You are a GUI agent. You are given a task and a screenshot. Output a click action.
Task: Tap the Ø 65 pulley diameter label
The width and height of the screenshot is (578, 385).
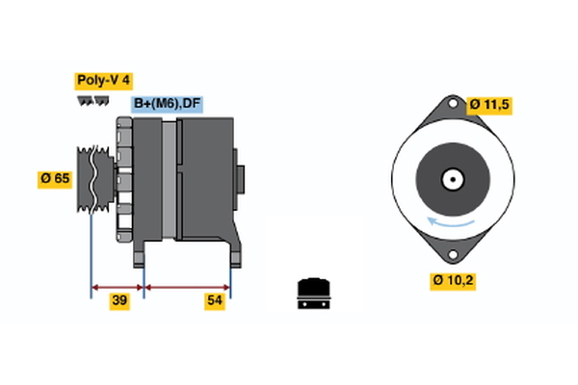pos(56,178)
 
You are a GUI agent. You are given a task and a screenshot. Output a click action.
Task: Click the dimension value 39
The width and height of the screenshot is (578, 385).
pos(119,301)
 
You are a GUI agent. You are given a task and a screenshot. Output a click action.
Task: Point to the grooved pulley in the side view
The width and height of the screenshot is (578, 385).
pos(93,180)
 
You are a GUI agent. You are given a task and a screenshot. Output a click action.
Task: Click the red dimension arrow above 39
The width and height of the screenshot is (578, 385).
pos(118,286)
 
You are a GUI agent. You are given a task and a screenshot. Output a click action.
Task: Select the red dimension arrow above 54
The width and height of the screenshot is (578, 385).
pos(187,286)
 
